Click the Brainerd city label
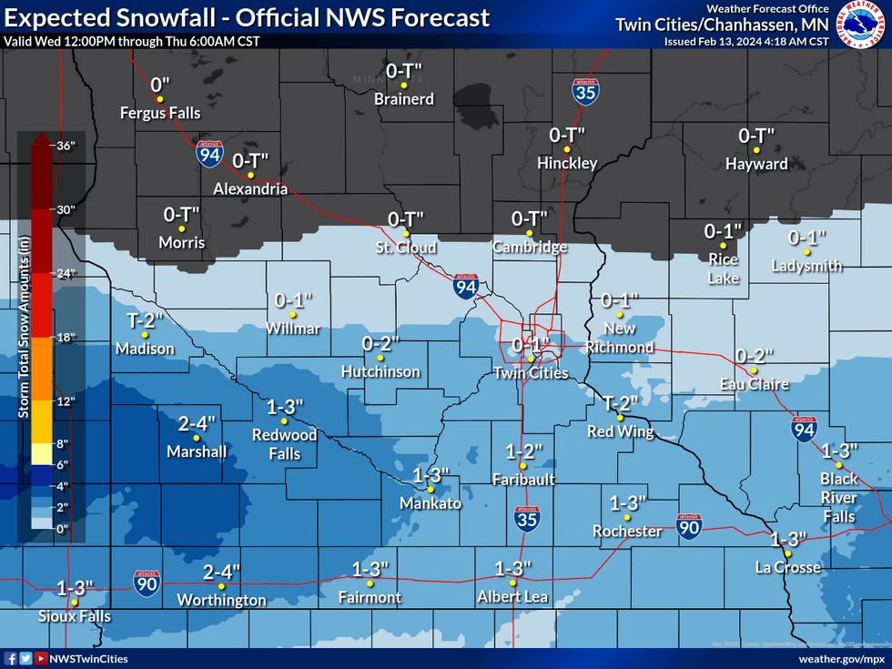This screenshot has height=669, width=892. coord(404,99)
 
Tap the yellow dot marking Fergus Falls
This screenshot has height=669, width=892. coord(159,98)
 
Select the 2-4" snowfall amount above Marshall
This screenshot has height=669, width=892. coord(197,423)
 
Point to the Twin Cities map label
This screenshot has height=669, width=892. coord(530,373)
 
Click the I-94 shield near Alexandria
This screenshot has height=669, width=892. coord(208,155)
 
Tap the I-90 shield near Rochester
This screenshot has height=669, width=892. coord(689,524)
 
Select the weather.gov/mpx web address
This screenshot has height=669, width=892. coord(840,658)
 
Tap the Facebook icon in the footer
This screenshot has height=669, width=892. coord(11,658)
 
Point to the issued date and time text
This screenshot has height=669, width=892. coord(746,41)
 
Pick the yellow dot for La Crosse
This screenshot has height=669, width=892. coord(788,554)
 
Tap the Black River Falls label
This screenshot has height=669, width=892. coord(838,498)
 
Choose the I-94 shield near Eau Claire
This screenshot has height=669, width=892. coord(803,430)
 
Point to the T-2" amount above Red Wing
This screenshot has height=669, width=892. coord(620,401)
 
